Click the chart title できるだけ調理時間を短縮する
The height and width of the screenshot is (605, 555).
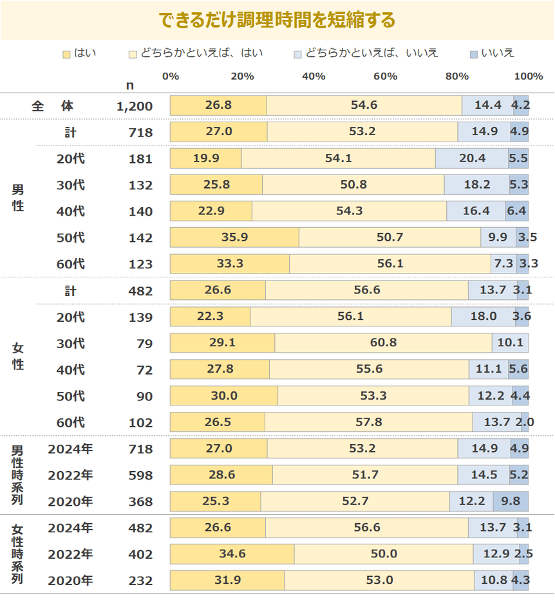pos(277,20)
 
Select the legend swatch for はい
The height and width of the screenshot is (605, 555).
pos(66,53)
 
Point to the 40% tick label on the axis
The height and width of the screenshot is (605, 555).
pos(313,77)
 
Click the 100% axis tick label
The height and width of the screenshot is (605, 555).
pos(529,77)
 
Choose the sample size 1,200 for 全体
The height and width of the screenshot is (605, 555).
pos(135,106)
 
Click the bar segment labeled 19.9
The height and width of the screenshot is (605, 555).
pos(205,159)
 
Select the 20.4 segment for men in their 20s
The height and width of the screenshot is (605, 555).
pos(471,159)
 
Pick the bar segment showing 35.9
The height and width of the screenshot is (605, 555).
pos(234,237)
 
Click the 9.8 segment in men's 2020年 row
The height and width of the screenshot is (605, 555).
pos(511,501)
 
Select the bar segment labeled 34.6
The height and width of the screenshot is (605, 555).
pos(232,554)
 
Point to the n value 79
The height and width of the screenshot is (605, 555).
pos(143,344)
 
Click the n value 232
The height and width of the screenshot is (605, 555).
pos(140,581)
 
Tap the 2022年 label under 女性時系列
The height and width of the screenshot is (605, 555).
pos(70,554)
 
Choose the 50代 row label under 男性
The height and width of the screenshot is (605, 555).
pos(70,238)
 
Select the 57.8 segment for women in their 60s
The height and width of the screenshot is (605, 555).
pos(368,422)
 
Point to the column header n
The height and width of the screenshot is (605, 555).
pos(130,85)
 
